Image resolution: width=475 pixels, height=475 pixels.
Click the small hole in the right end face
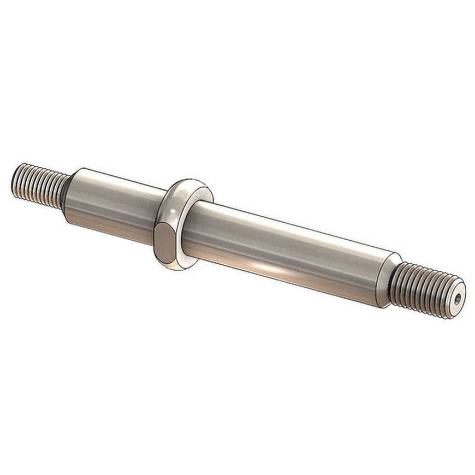[458, 298]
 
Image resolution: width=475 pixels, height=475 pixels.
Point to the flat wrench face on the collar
[164, 243]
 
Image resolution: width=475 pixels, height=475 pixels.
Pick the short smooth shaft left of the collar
[112, 202]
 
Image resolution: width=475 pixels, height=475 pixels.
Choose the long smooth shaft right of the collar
[284, 251]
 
